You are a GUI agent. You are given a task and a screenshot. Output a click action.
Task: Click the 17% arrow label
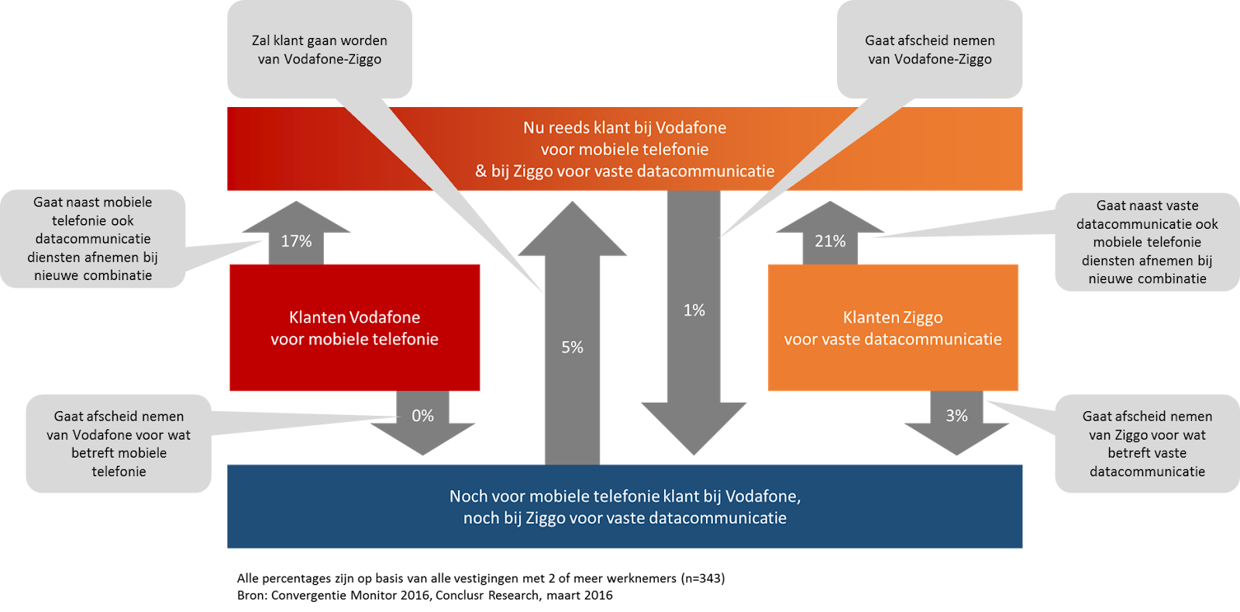pyautogui.click(x=296, y=241)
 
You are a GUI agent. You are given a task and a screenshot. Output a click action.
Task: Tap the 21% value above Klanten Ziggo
pyautogui.click(x=829, y=241)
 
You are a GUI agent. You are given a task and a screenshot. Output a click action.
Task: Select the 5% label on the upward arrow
pyautogui.click(x=572, y=347)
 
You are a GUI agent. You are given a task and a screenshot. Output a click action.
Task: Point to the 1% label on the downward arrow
pyautogui.click(x=694, y=310)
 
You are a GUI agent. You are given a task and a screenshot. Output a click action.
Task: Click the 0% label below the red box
pyautogui.click(x=422, y=416)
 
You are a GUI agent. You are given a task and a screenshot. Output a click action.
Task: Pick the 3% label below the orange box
pyautogui.click(x=956, y=416)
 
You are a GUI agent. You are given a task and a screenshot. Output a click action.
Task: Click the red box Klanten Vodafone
pyautogui.click(x=354, y=328)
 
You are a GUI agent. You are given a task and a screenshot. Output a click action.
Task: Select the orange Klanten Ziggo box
pyautogui.click(x=893, y=328)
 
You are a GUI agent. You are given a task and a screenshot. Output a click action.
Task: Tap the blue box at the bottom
pyautogui.click(x=625, y=507)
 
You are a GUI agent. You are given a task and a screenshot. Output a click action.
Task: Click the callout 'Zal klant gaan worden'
pyautogui.click(x=319, y=50)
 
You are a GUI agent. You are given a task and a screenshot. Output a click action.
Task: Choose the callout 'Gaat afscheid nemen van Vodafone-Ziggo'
pyautogui.click(x=929, y=50)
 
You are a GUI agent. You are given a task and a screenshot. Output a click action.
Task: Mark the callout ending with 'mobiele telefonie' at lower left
pyautogui.click(x=119, y=444)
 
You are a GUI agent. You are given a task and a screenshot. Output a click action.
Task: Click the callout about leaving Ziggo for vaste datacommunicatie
pyautogui.click(x=1147, y=444)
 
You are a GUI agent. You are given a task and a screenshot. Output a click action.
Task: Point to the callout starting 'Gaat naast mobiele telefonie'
pyautogui.click(x=93, y=239)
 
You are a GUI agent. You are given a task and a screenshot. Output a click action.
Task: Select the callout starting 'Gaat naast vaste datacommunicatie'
pyautogui.click(x=1147, y=242)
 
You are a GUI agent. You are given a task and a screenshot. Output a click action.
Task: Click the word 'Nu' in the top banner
pyautogui.click(x=533, y=128)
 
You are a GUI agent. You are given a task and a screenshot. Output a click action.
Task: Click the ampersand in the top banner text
pyautogui.click(x=480, y=171)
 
